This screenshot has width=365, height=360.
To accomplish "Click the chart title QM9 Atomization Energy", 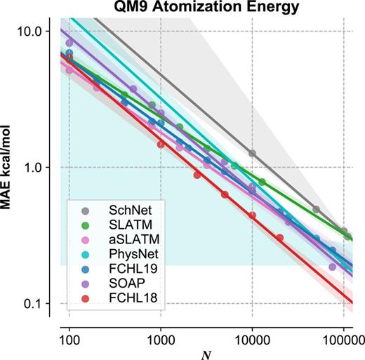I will [199, 8].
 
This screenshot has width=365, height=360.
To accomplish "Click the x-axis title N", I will [206, 352].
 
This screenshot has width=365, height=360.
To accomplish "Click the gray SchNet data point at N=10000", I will [252, 153].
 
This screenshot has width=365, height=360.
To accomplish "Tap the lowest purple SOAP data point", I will [332, 267].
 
